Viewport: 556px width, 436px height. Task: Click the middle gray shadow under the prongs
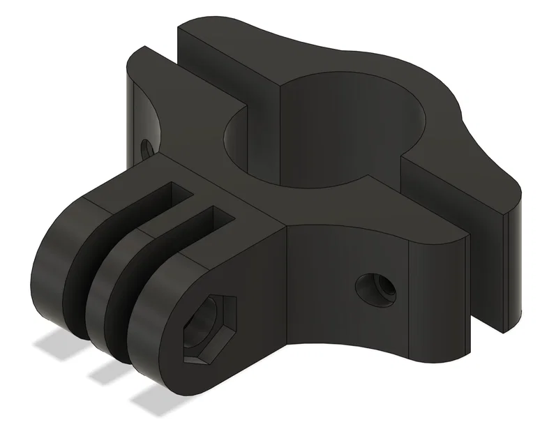pyautogui.click(x=108, y=369)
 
